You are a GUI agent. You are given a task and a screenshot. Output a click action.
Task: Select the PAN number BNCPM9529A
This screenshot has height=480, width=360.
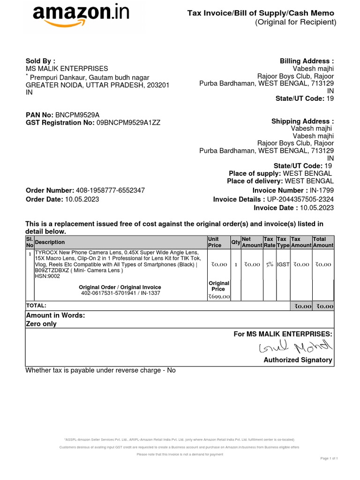click(77, 115)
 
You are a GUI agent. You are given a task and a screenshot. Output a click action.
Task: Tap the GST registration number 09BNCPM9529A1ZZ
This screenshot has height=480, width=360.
click(128, 123)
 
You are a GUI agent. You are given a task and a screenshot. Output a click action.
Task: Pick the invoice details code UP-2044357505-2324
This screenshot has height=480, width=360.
click(300, 199)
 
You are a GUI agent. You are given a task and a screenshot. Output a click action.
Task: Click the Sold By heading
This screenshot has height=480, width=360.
click(40, 61)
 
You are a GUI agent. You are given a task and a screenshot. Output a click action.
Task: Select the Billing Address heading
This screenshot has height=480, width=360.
click(307, 61)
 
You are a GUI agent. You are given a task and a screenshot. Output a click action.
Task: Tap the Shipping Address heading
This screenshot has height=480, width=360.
click(302, 121)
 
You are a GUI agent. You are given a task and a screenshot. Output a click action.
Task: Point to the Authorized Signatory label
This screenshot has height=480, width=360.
click(298, 360)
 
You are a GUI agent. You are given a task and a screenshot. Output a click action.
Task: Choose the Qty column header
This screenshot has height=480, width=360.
click(236, 242)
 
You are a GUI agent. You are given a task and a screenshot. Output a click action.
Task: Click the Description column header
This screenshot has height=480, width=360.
click(50, 242)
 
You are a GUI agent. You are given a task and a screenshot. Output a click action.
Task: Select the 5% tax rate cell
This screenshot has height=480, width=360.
click(269, 264)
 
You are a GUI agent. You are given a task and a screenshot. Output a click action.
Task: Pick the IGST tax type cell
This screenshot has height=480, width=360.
click(283, 264)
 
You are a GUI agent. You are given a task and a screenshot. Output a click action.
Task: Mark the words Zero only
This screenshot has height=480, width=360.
click(41, 324)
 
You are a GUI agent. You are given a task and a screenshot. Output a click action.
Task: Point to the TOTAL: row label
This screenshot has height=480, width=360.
click(36, 305)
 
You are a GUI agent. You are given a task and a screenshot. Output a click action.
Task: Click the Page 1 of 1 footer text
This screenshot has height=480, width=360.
click(329, 458)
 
